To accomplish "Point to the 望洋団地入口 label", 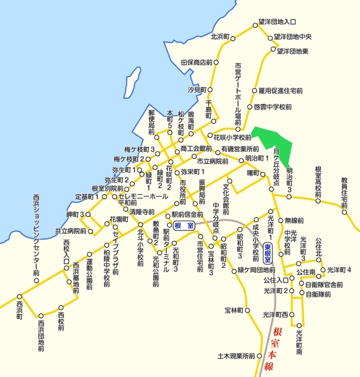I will coord(278,23).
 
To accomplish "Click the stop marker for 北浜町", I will coord(233,39).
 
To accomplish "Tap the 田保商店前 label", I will coord(197,63).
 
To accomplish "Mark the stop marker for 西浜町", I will coord(18,296).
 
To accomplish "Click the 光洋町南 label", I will coord(299,340).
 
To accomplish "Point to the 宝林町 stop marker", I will coord(247,310).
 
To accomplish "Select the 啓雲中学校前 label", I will coord(273,107).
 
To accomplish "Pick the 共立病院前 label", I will coord(70,230).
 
